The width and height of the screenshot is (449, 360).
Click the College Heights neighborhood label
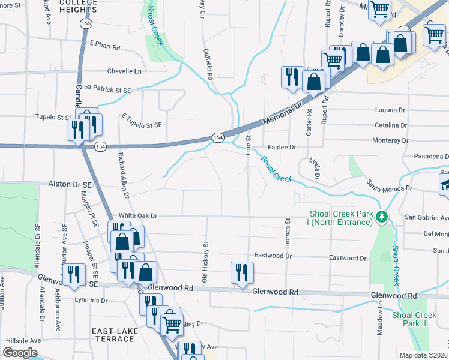[79, 6]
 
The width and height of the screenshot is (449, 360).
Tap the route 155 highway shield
[86, 23]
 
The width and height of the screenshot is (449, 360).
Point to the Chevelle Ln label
[124, 71]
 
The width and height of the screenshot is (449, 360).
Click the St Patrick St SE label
[108, 89]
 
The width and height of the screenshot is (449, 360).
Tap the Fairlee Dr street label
[282, 147]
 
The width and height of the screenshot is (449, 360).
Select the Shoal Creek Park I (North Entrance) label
[340, 218]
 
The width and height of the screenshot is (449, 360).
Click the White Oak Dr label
[137, 215]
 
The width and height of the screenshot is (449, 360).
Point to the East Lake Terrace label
[113, 335]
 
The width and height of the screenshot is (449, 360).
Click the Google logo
[20, 353]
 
